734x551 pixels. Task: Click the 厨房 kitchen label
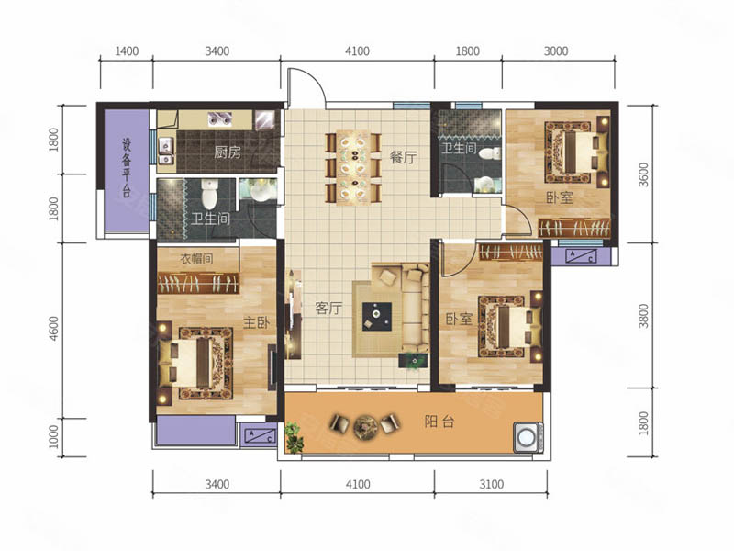(x=228, y=152)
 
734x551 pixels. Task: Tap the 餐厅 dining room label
(x=403, y=157)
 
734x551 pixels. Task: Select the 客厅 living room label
(x=328, y=308)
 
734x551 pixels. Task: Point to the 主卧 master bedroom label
(x=257, y=322)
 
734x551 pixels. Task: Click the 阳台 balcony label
(x=439, y=422)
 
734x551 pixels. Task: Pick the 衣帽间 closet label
(x=197, y=259)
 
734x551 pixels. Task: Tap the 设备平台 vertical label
(x=127, y=167)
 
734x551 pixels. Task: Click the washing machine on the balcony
(x=528, y=437)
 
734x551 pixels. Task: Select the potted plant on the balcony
(x=294, y=437)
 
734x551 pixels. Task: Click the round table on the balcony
(x=365, y=425)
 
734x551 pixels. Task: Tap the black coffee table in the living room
(x=377, y=317)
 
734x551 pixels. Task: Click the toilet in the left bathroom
(x=209, y=195)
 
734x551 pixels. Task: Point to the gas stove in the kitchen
(x=220, y=119)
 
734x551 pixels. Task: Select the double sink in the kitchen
(x=166, y=152)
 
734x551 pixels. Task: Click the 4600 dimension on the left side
(x=54, y=329)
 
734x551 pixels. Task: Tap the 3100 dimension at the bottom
(x=491, y=484)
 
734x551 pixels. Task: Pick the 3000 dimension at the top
(x=556, y=51)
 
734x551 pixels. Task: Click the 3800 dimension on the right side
(x=644, y=316)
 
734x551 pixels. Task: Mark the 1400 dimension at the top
(x=127, y=51)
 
